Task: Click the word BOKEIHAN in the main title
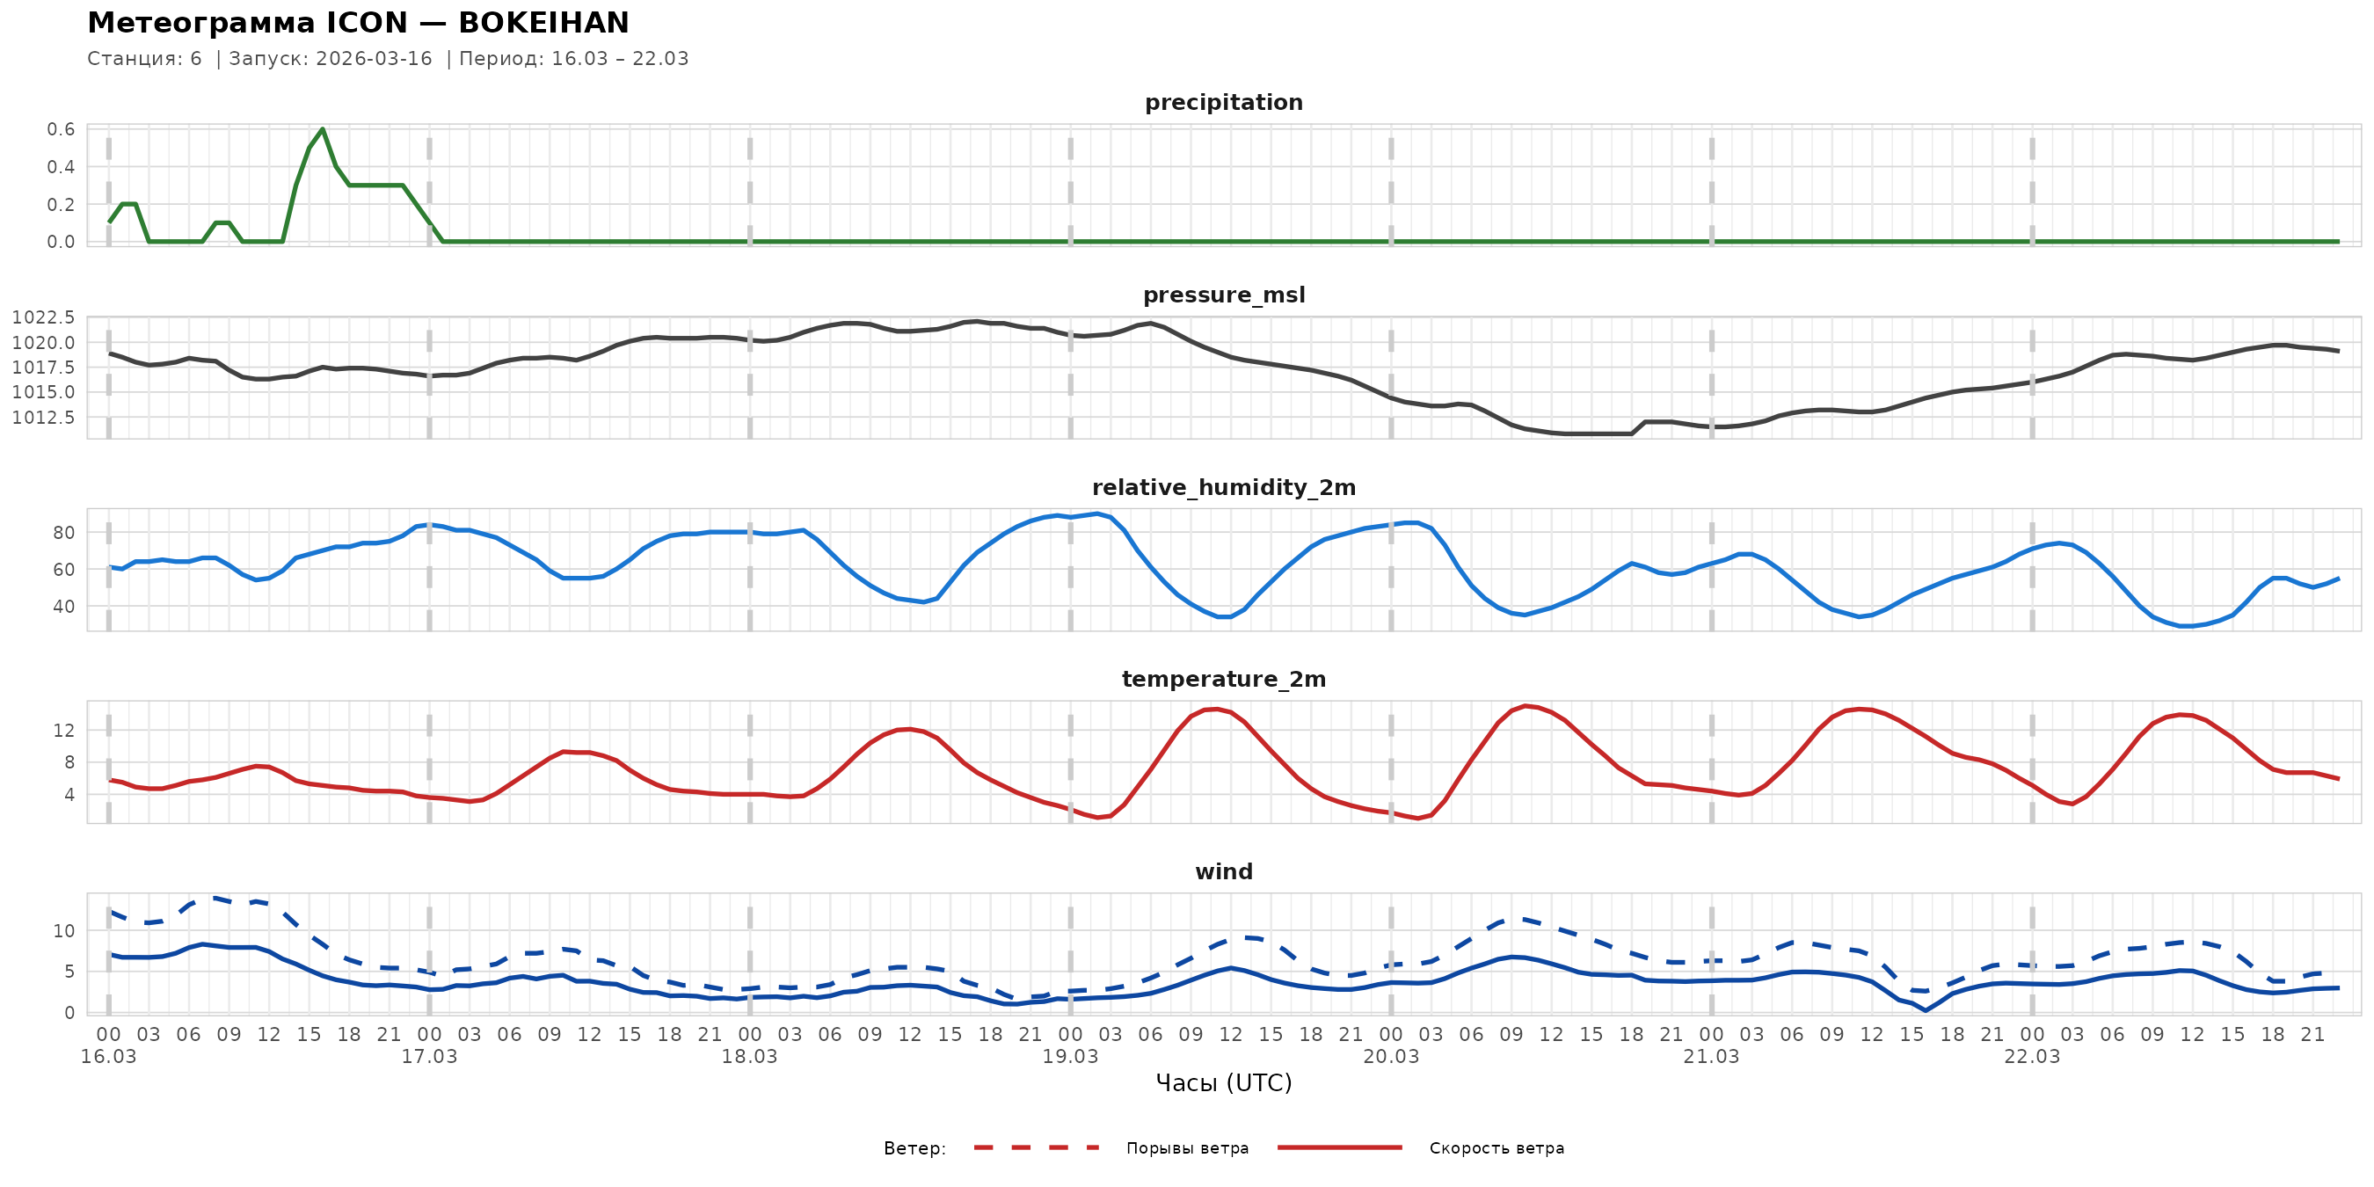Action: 543,23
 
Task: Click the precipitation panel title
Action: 1223,102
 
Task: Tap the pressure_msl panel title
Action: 1223,295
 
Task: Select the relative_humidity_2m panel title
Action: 1223,487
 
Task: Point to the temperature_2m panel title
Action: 1223,679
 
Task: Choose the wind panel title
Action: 1223,872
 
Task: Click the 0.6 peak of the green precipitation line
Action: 323,129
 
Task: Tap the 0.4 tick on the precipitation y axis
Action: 62,167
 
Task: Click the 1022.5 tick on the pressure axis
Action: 43,318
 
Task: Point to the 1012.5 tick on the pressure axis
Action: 43,418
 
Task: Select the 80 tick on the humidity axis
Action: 63,533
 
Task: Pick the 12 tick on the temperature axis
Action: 63,731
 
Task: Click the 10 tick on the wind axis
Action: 63,931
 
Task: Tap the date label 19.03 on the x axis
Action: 1070,1057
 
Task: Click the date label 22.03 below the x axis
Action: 2031,1057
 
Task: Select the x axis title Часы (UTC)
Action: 1223,1083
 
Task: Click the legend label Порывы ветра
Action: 1187,1148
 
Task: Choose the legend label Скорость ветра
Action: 1496,1148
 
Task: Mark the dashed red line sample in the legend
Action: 1037,1148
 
